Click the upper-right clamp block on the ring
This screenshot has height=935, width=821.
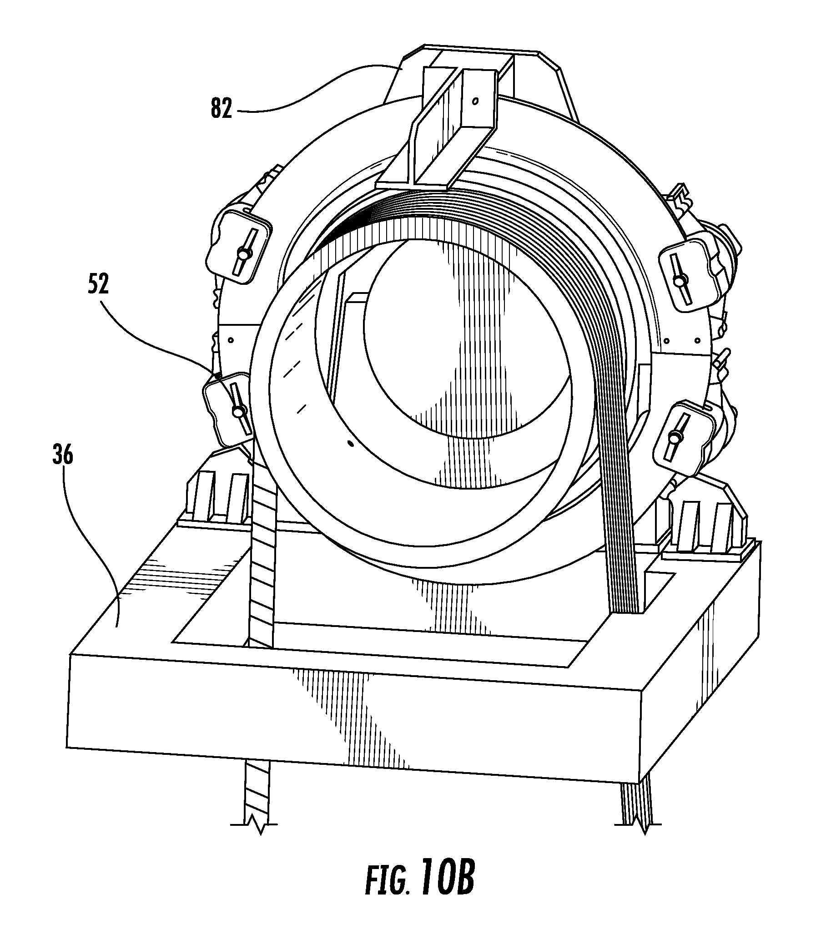[x=686, y=273]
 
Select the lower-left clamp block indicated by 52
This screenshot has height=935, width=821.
[x=227, y=410]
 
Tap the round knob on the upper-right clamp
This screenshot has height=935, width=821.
[x=680, y=278]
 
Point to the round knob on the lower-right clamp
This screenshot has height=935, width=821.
[x=674, y=434]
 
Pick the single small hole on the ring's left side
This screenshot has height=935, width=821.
[x=231, y=339]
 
